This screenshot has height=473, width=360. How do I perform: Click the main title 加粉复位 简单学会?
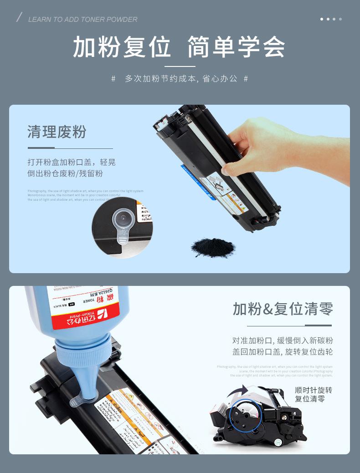179,47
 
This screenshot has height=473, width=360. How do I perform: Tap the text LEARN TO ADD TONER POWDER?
82,20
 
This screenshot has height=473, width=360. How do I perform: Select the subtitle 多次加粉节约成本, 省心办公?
181,79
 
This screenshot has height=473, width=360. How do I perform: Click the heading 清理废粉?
57,132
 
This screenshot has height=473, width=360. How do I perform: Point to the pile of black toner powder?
213,247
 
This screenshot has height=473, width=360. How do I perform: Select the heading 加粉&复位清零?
283,309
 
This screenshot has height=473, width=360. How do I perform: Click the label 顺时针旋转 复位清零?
313,394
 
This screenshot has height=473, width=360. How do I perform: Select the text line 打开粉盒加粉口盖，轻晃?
72,162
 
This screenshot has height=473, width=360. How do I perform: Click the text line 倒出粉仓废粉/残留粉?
65,173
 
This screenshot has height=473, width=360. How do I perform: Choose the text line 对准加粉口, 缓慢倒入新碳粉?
283,341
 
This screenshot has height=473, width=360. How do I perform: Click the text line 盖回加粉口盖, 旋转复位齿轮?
283,352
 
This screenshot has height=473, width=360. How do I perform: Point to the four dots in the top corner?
331,19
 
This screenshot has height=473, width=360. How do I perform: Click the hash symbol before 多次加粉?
113,79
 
